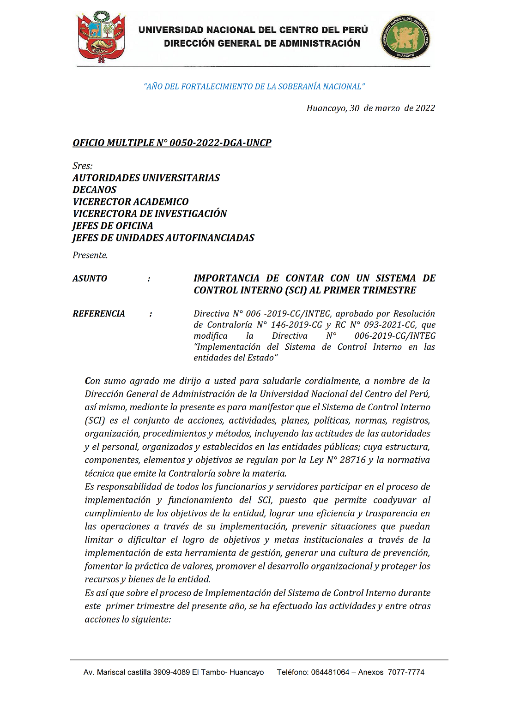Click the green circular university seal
tap(405, 37)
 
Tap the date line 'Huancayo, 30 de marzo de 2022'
tap(370, 108)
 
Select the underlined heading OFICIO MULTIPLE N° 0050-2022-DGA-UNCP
tap(172, 143)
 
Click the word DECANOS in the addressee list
tap(94, 190)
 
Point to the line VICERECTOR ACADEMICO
tap(131, 202)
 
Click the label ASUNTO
tap(90, 278)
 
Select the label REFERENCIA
tap(99, 314)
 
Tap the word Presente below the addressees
tap(90, 255)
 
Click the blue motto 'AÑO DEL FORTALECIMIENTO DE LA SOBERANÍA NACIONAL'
tap(254, 86)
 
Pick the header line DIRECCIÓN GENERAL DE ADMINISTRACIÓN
tap(262, 43)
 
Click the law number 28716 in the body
tap(352, 460)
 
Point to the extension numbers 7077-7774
tap(406, 672)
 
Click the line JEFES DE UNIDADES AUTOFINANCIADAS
tap(163, 238)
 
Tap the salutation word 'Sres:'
tap(83, 166)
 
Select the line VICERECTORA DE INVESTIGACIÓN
tap(150, 214)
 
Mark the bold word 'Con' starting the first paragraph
tap(92, 381)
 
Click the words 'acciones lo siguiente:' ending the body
tap(128, 619)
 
